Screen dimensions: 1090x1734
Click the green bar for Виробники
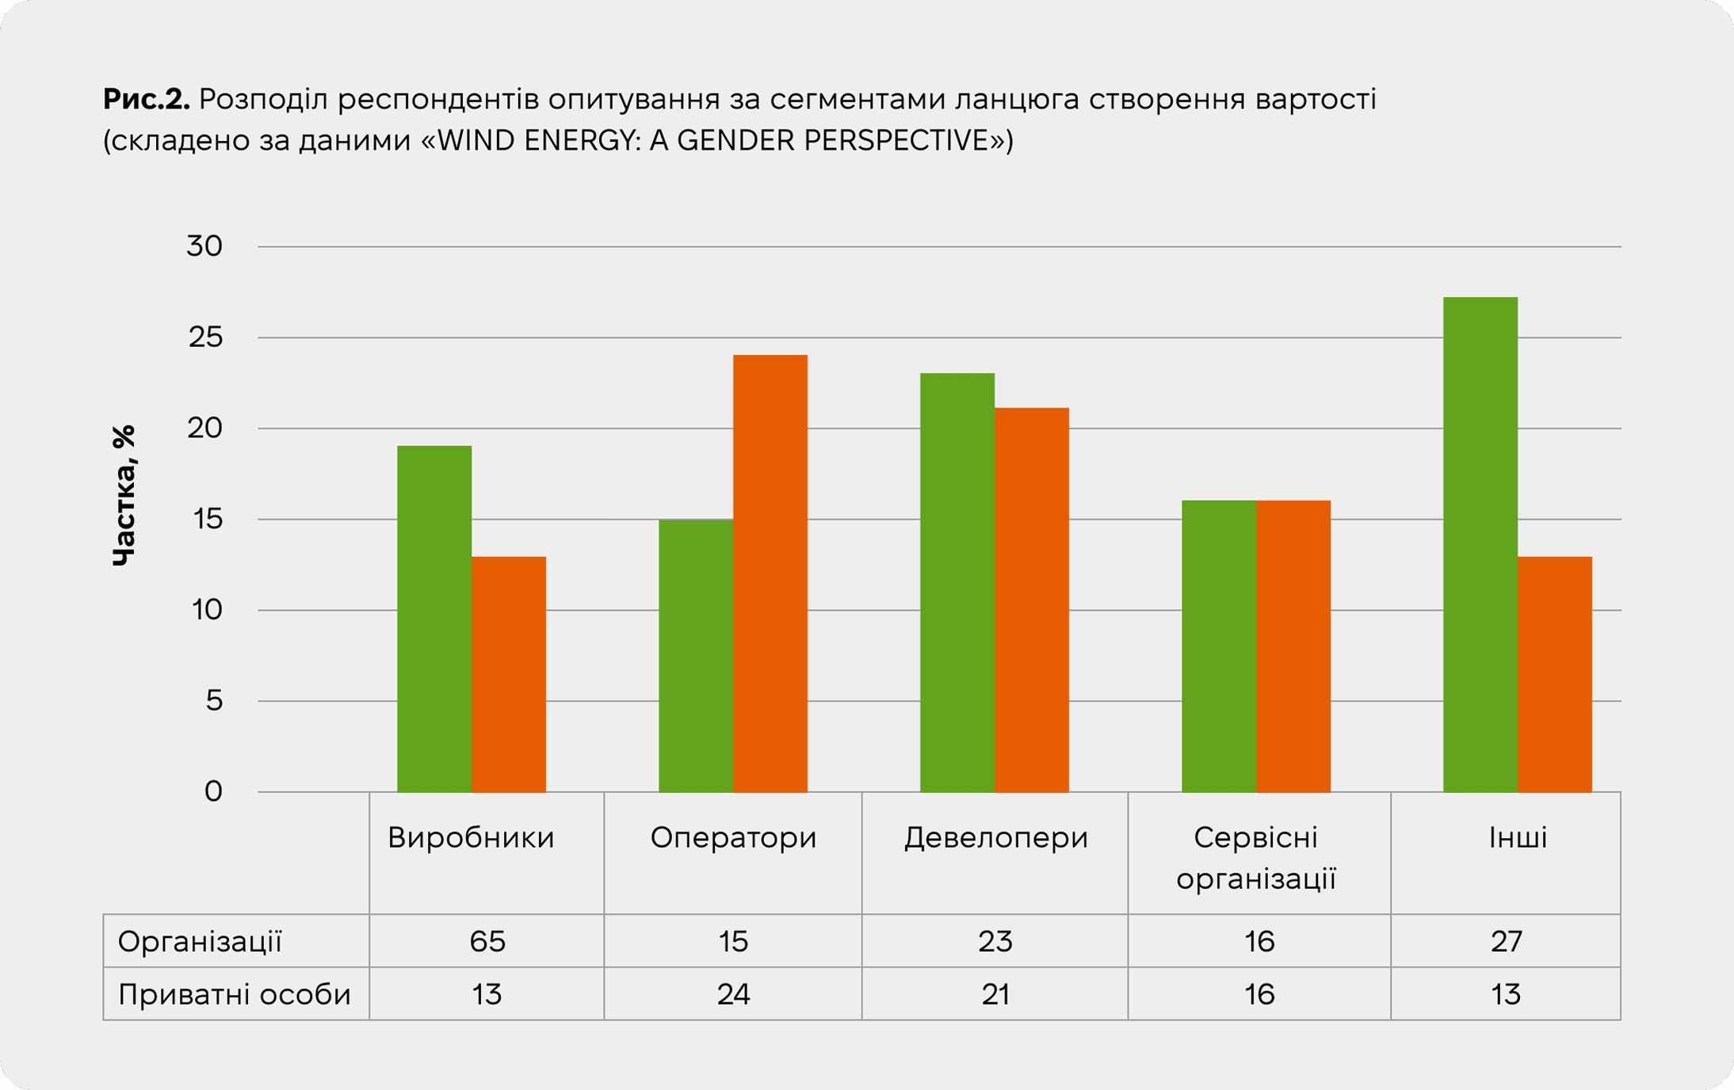click(434, 619)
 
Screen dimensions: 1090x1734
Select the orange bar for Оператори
click(770, 574)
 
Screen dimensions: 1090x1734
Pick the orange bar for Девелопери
click(1032, 600)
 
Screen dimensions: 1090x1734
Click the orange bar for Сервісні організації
click(1293, 646)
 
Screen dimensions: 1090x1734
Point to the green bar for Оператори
click(696, 655)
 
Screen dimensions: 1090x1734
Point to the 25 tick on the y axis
click(205, 337)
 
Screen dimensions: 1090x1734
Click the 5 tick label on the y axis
click(214, 700)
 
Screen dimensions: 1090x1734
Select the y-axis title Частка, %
click(124, 495)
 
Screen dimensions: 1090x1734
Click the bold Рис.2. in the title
click(146, 100)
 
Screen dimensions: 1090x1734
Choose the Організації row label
click(200, 941)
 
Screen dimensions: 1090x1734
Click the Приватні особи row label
click(234, 994)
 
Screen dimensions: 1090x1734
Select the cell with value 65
click(487, 941)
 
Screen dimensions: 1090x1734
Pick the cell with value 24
click(733, 994)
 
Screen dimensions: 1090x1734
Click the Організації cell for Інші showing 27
click(1506, 941)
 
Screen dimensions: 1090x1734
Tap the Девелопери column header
click(995, 837)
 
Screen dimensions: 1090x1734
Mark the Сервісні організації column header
click(1256, 857)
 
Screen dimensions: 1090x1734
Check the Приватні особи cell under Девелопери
click(995, 994)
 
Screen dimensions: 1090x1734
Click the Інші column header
click(1517, 837)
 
